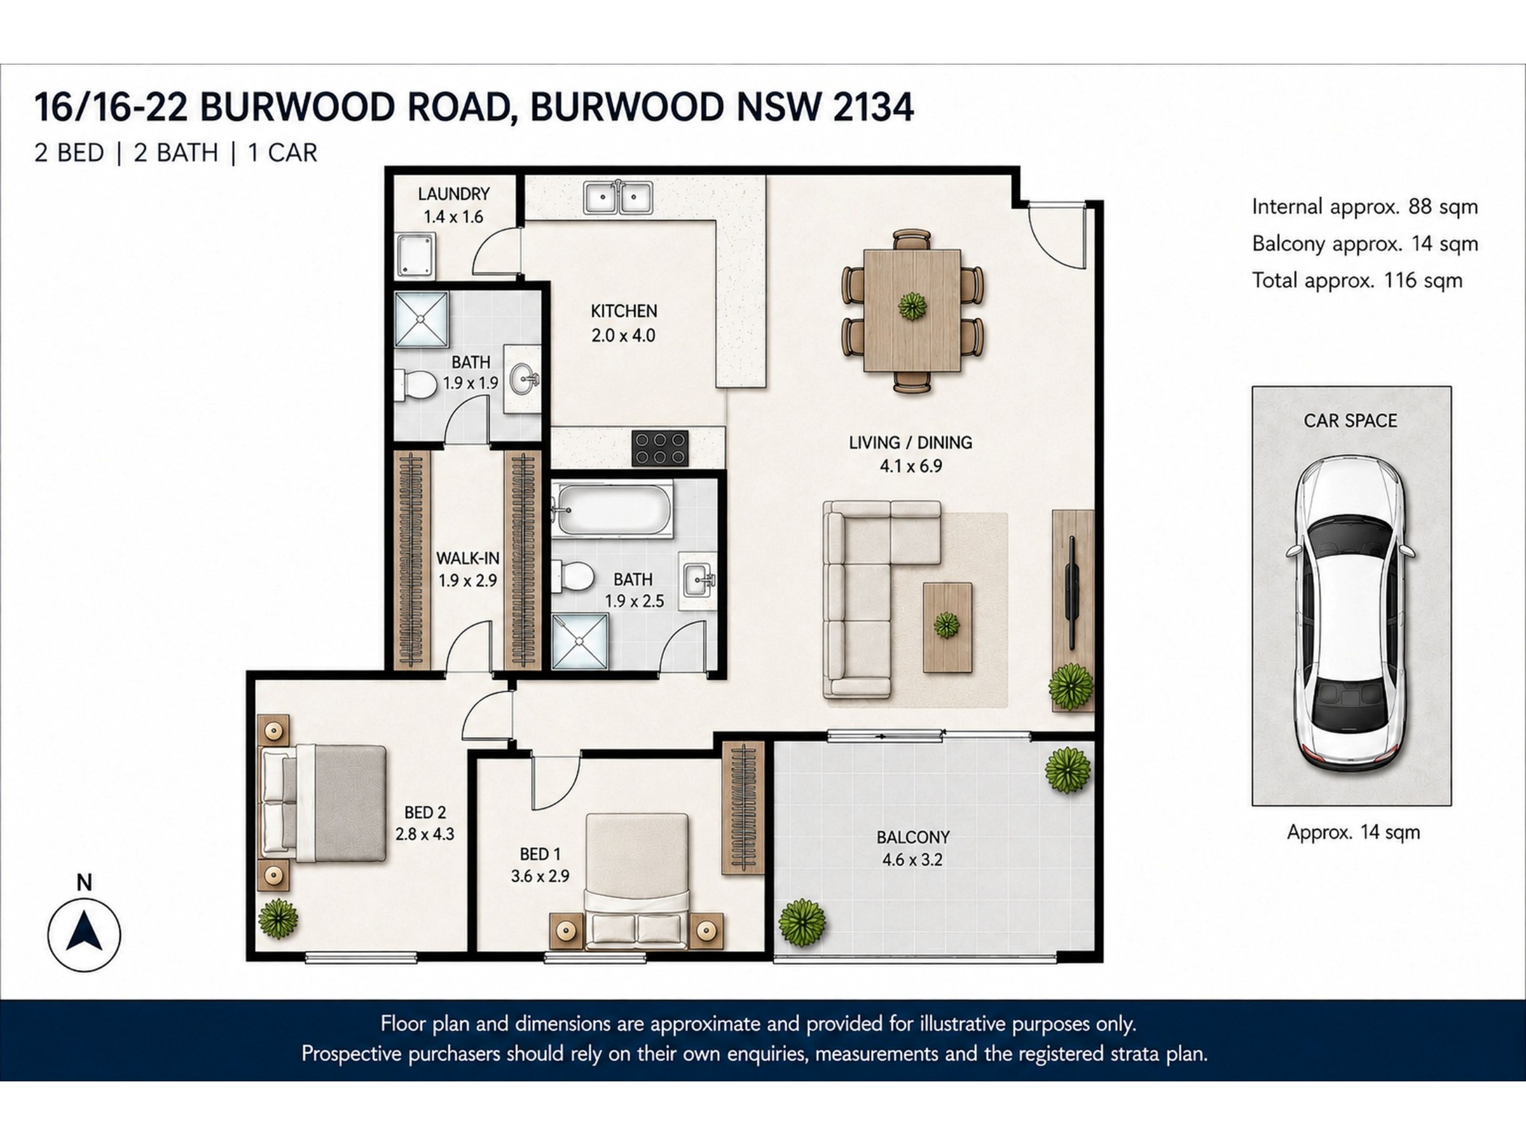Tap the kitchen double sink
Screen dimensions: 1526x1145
coord(619,197)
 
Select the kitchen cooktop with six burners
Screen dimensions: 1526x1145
coord(660,448)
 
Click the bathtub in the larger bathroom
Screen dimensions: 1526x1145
coord(614,510)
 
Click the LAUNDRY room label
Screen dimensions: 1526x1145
coord(453,194)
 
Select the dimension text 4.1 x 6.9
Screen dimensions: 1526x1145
coord(911,466)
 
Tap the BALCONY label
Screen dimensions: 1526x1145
coord(912,837)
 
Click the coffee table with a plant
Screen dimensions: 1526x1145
coord(948,627)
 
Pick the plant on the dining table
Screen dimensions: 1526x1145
coord(912,306)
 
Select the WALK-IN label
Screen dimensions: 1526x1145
coord(468,558)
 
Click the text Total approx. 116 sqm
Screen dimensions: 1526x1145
coord(1357,281)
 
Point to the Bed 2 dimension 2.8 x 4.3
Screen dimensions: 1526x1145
coord(425,834)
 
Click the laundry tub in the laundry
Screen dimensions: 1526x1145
coord(416,254)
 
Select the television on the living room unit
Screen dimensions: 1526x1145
coord(1072,592)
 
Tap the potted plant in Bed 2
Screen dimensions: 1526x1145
coord(278,919)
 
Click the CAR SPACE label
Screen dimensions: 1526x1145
coord(1350,420)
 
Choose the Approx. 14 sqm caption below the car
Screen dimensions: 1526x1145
coord(1353,832)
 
